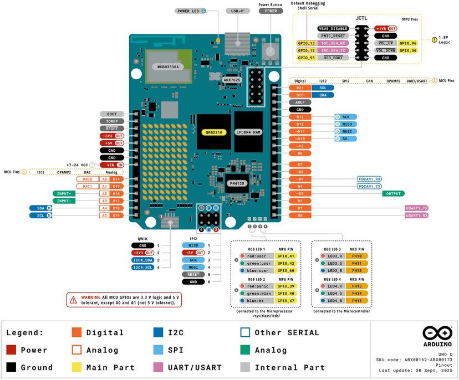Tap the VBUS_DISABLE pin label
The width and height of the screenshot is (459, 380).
(333, 28)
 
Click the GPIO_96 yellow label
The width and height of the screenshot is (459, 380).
(407, 43)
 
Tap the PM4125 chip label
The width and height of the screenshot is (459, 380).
(237, 183)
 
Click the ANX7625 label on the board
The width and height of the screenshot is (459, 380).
(232, 80)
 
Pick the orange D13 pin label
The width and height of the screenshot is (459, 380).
(300, 117)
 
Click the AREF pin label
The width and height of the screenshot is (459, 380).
(300, 102)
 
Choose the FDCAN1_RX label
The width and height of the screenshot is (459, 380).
(370, 179)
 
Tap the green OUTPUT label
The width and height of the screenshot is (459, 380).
(393, 194)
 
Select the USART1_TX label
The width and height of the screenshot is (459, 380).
(416, 208)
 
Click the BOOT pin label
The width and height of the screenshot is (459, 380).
(112, 114)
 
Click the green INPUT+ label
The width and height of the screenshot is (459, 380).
(64, 193)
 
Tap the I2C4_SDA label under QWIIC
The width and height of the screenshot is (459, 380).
(142, 260)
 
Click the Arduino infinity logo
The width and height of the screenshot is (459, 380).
(437, 333)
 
